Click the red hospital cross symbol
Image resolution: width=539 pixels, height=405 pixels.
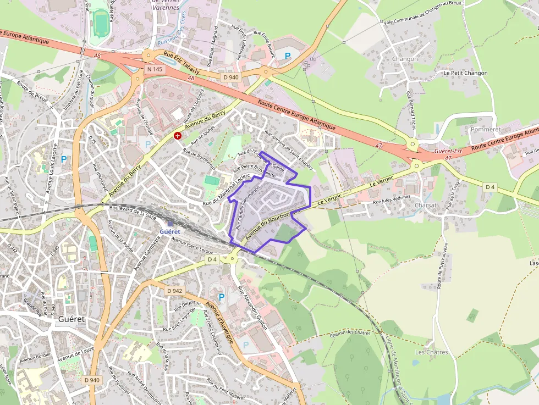[x=178, y=135]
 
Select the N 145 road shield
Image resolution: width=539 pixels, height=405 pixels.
[x=154, y=70]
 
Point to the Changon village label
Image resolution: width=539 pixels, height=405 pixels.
[x=405, y=59]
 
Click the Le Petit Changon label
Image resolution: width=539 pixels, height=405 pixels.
[x=465, y=73]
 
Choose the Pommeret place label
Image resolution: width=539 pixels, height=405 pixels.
[x=486, y=129]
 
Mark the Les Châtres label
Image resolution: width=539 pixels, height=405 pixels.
[x=432, y=352]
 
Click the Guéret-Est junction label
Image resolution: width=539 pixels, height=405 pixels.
[x=447, y=151]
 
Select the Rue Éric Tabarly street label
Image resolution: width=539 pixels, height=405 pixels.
[x=182, y=58]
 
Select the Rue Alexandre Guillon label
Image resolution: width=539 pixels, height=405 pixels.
[x=252, y=308]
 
